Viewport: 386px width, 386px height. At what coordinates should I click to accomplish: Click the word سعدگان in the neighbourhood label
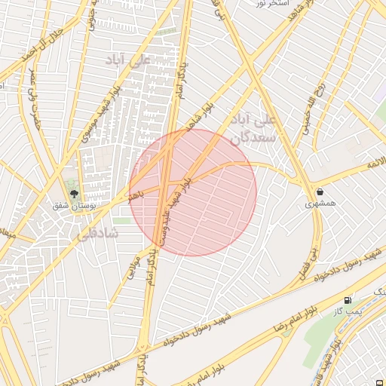click(255, 138)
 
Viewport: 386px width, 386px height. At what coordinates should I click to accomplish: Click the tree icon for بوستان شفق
click(73, 194)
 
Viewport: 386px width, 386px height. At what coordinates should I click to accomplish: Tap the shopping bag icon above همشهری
click(322, 191)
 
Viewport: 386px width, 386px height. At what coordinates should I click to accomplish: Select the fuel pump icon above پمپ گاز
click(348, 299)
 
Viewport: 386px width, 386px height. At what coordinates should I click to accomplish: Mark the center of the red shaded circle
click(193, 192)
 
